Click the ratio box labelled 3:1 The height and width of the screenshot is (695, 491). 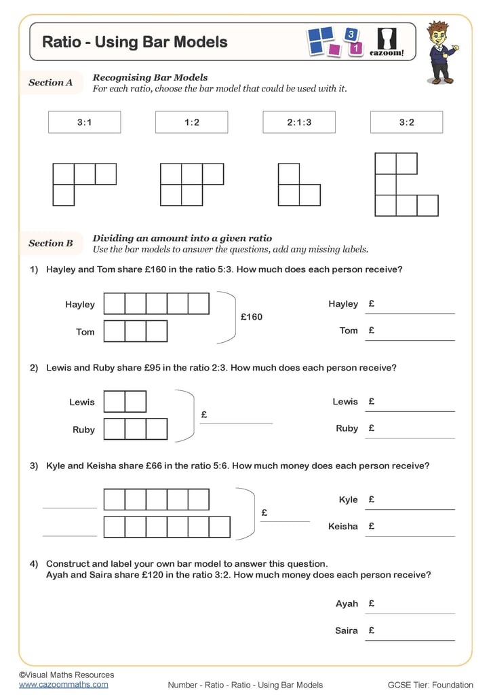point(85,122)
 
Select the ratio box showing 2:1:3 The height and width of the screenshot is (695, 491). point(299,122)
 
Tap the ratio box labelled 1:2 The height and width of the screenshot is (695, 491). point(192,122)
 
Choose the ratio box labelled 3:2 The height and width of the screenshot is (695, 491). point(406,122)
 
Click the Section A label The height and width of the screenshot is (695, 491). point(51,83)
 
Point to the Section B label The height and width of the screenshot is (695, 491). point(51,243)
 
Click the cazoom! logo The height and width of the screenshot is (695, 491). point(387,43)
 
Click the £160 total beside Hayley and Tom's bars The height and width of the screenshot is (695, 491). point(252,317)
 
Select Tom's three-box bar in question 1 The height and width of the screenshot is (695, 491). point(136,331)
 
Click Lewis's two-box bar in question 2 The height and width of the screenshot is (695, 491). point(125,402)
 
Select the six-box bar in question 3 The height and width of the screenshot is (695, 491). point(167,527)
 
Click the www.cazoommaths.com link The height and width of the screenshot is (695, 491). point(63,684)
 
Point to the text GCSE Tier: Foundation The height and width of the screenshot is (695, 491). point(431,685)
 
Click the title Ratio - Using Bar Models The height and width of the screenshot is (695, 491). point(135,42)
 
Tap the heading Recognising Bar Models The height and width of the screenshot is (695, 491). point(150,77)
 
